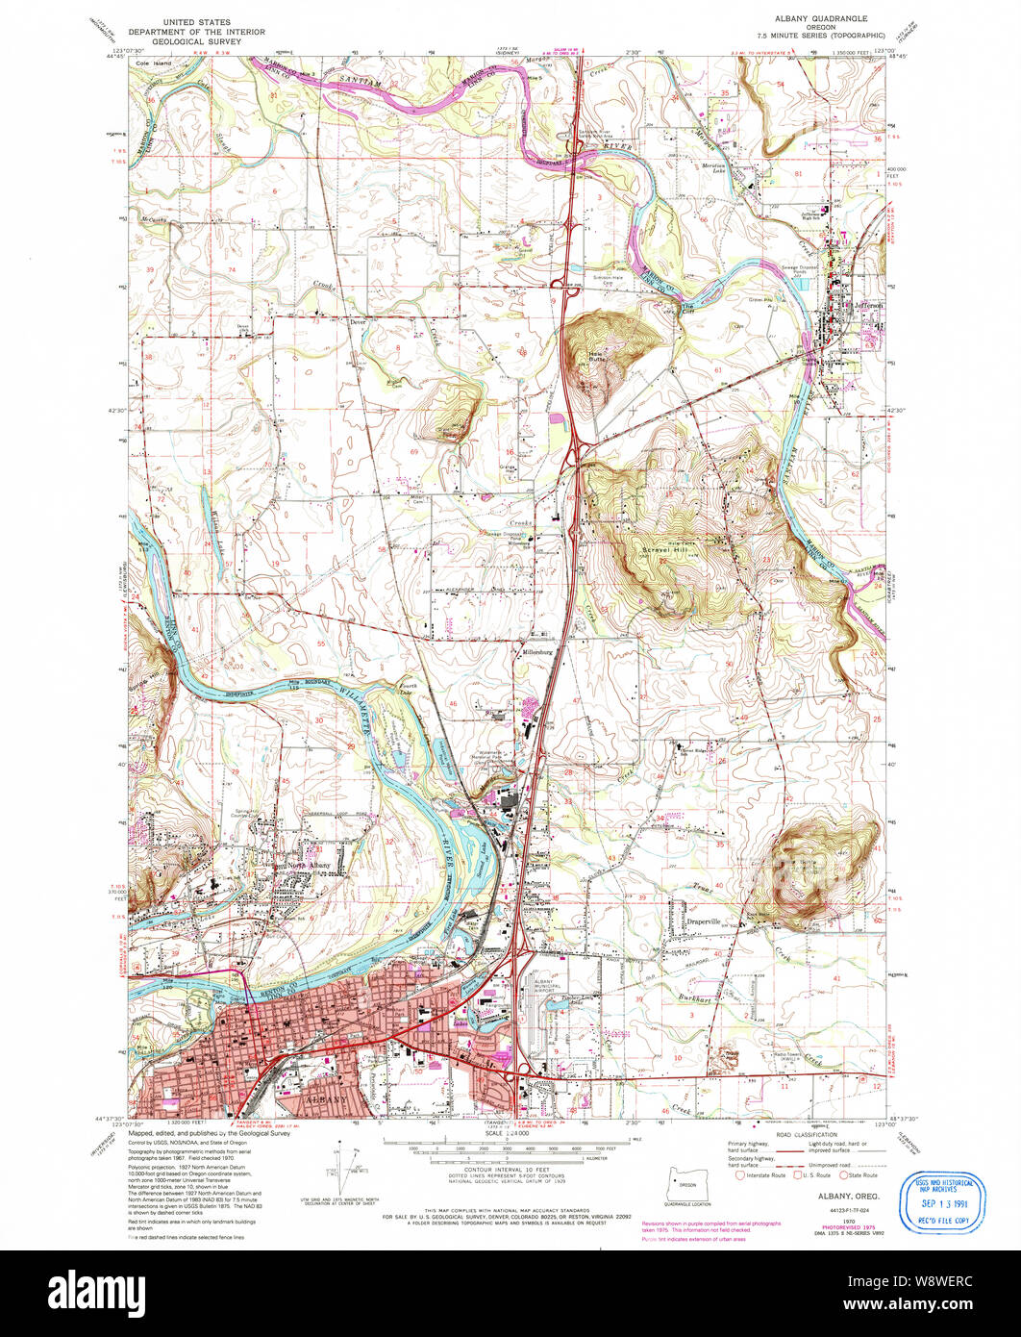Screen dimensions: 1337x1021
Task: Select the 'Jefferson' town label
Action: (x=866, y=306)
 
